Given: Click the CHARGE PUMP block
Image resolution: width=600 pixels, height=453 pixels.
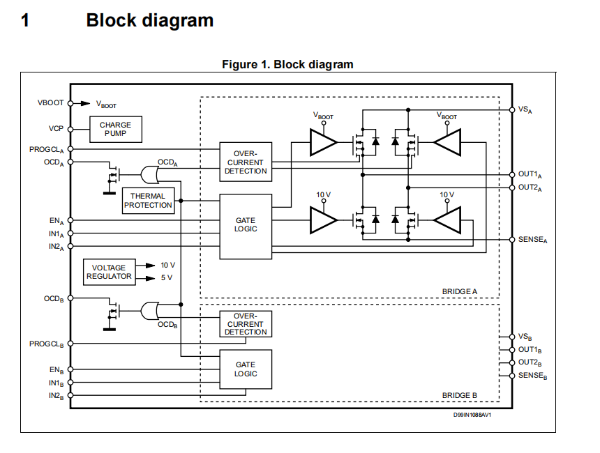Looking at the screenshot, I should coord(115,129).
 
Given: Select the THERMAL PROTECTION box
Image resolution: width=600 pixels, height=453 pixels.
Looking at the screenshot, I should coord(148,201).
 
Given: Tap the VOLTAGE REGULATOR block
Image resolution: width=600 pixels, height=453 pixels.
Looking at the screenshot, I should coord(109,272).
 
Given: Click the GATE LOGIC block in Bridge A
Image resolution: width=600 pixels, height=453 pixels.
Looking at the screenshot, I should coord(246,224).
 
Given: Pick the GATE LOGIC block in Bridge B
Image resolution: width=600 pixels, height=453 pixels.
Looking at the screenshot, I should coord(246,369).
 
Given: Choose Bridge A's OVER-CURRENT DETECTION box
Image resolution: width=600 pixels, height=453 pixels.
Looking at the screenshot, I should coord(246,162).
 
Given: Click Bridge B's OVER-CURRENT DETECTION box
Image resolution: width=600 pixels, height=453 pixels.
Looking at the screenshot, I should coord(246,324).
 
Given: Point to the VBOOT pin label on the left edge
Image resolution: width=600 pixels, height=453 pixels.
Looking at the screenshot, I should coord(50,102).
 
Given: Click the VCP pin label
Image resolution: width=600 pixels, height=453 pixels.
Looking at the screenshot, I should coord(56,129).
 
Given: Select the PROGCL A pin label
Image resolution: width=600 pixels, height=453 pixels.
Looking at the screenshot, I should coord(47,149).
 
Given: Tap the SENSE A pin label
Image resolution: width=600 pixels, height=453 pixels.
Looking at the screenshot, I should coord(533,240).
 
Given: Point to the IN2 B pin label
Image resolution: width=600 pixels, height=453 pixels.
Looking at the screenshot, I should coord(56,396).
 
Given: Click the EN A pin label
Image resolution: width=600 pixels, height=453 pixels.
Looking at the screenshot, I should coord(57,221).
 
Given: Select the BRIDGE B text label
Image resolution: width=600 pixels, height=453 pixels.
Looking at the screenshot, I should coord(460,395).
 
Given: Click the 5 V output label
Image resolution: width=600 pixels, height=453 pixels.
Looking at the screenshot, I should coord(166,278).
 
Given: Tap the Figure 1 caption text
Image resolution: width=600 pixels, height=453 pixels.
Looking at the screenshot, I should coord(287,65).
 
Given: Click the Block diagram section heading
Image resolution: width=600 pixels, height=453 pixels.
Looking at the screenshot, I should coord(149,21).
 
